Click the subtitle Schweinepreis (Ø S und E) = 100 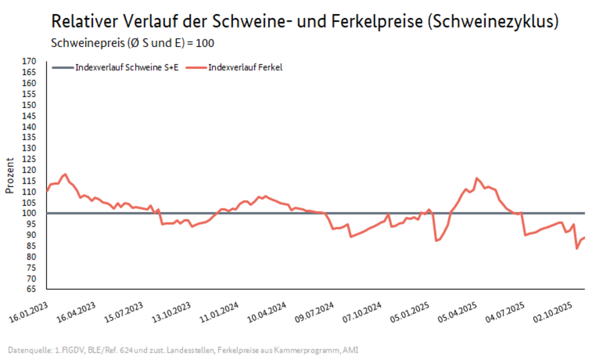pos(133,43)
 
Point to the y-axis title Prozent pos(10,175)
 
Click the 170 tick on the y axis pos(29,61)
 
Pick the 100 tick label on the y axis pos(29,213)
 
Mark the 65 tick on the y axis pos(31,290)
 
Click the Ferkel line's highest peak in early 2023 pos(64,174)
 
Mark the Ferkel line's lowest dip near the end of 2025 pos(577,249)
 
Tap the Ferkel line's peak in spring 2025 pos(476,178)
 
